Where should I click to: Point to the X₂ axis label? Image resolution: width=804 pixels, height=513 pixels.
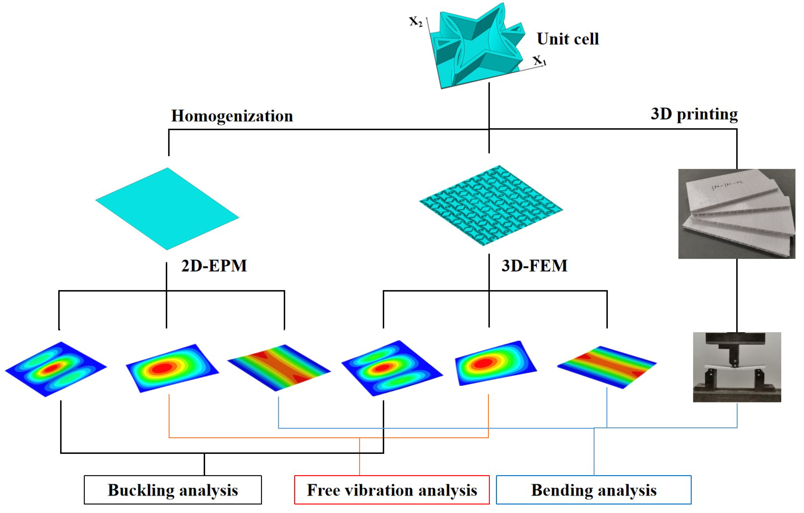tap(416, 22)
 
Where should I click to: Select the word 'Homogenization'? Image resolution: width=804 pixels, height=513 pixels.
tap(232, 116)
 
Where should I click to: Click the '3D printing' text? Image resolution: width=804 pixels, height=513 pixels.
tap(694, 114)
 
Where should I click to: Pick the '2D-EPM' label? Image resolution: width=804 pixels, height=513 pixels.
tap(214, 266)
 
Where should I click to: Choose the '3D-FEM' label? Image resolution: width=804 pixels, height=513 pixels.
tap(534, 266)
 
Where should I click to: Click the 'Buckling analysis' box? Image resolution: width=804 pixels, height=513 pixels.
tap(173, 490)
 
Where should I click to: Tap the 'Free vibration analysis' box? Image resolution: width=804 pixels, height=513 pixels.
tap(392, 490)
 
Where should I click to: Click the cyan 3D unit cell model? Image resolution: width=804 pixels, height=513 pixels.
tap(478, 47)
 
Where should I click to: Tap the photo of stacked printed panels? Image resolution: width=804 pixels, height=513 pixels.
tap(736, 213)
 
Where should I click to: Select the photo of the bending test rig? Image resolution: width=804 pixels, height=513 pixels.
tap(736, 367)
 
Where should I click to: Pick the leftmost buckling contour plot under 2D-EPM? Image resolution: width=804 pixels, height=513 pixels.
tap(56, 369)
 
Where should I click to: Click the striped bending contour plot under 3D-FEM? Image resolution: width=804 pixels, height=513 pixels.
tap(607, 367)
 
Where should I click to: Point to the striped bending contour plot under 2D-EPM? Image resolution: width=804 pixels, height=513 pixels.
tap(279, 367)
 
